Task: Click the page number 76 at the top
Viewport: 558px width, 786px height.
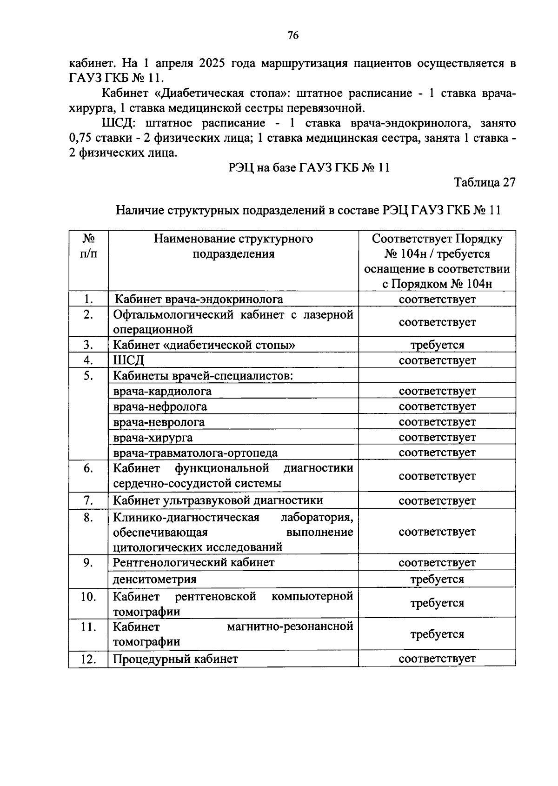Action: [293, 35]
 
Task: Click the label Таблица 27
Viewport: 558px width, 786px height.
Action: [485, 182]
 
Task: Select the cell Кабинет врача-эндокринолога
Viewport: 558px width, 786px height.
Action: [199, 299]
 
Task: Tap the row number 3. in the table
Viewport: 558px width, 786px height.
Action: [88, 345]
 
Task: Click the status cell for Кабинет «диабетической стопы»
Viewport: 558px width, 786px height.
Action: [437, 345]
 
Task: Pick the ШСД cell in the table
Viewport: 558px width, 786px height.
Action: [129, 360]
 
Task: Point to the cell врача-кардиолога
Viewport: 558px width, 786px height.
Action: [162, 391]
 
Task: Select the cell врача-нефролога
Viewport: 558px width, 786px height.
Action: [160, 406]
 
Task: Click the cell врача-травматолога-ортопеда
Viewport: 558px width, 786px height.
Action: [195, 453]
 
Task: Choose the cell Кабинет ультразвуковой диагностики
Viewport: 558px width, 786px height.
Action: [218, 500]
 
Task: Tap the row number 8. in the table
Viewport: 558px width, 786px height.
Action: [88, 517]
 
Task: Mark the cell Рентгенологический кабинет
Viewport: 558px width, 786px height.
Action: [194, 562]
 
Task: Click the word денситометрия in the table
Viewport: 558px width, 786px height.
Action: [155, 579]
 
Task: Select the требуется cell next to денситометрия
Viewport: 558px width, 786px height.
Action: [437, 579]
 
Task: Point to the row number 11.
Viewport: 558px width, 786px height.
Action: [88, 627]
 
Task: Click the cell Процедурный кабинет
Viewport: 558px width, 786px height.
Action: [176, 659]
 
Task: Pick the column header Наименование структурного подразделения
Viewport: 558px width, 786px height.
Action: [233, 246]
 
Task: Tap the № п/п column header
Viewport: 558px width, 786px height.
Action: [88, 246]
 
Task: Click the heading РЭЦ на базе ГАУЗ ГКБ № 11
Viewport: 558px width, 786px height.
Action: [309, 167]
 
